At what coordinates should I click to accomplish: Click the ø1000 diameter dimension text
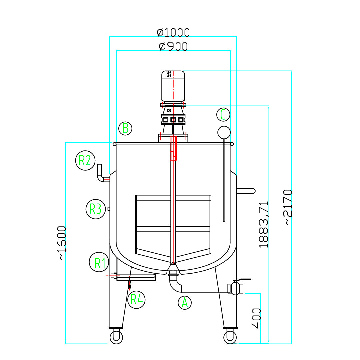[x=173, y=32]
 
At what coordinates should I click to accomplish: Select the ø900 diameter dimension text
[x=173, y=46]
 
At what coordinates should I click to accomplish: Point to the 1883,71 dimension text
[x=264, y=224]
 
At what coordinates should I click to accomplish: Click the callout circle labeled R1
[x=99, y=263]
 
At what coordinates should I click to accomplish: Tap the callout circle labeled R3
[x=96, y=209]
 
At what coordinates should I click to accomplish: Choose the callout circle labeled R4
[x=137, y=299]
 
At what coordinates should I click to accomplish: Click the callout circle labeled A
[x=185, y=303]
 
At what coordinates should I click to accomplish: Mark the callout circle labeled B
[x=125, y=128]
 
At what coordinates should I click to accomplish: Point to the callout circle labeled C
[x=223, y=115]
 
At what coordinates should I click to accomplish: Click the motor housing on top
[x=173, y=86]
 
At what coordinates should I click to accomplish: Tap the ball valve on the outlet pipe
[x=237, y=288]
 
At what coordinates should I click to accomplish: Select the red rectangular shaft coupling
[x=173, y=148]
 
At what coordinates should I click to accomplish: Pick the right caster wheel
[x=230, y=336]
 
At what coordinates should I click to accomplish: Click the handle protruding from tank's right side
[x=246, y=191]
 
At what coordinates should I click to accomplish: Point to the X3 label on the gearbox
[x=169, y=110]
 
